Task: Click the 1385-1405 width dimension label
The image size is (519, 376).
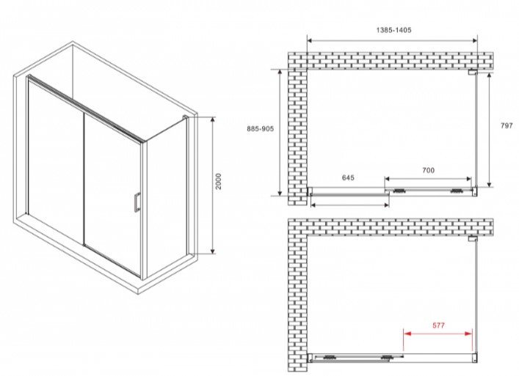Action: (394, 30)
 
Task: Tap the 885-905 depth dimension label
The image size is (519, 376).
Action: (260, 129)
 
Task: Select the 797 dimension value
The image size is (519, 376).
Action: (507, 125)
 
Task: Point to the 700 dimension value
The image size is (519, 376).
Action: (428, 170)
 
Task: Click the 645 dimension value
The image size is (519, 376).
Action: (348, 178)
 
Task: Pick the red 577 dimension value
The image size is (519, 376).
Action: (438, 325)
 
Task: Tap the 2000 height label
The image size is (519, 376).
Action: (218, 181)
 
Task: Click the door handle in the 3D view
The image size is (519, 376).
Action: (137, 201)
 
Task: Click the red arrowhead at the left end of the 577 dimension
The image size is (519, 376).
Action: (407, 333)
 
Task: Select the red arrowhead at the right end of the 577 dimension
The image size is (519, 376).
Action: (468, 333)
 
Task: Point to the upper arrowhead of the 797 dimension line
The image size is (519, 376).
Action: (490, 76)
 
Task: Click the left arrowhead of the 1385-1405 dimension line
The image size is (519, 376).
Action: (311, 40)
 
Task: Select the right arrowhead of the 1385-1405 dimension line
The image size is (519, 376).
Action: (474, 40)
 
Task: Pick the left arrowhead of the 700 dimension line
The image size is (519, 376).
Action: (388, 179)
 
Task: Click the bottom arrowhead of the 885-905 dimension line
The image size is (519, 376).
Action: (280, 192)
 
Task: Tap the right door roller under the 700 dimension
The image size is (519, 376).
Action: (457, 191)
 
